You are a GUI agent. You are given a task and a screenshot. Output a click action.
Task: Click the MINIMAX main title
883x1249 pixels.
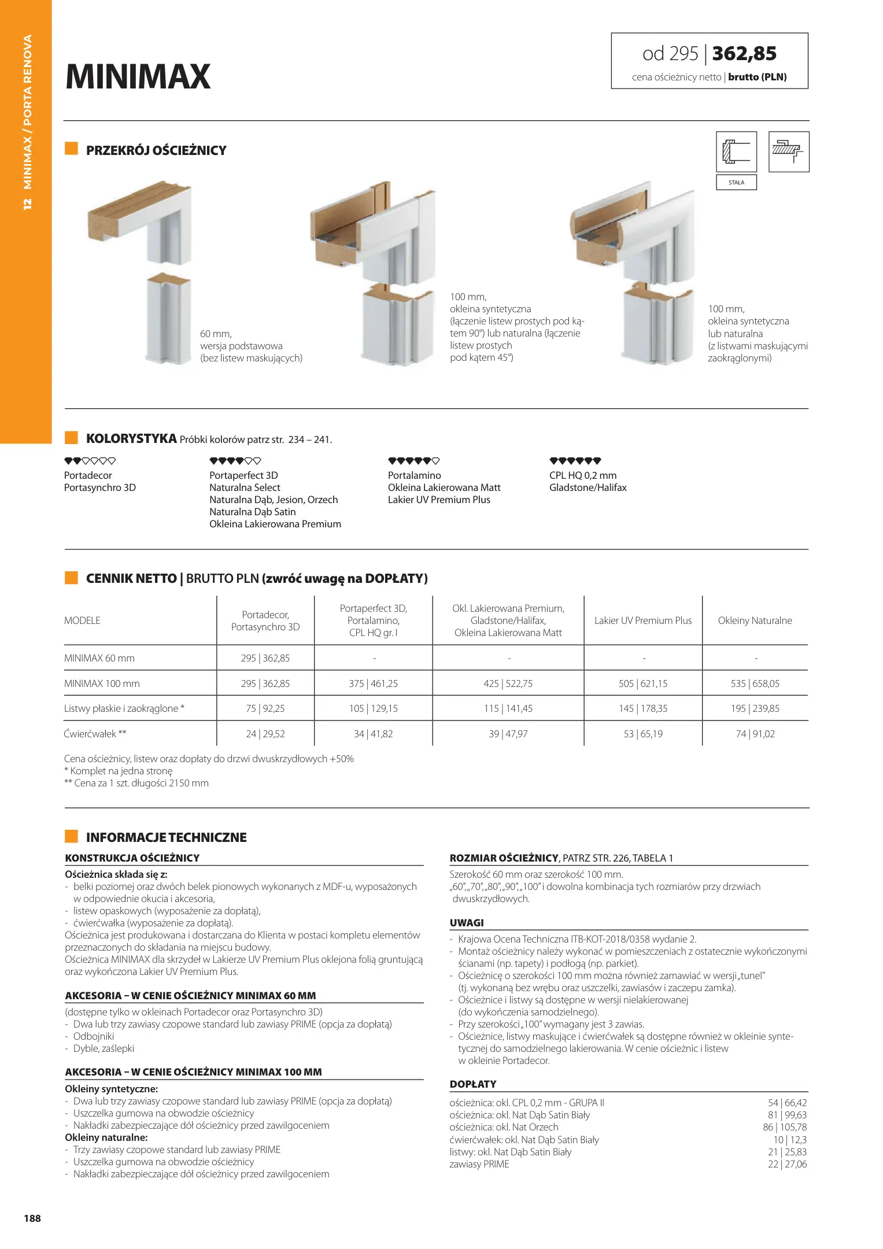(x=138, y=76)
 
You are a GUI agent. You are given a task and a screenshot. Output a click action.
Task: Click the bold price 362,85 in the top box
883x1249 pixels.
(x=744, y=54)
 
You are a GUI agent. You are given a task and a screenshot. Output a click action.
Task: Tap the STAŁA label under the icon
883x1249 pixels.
(x=736, y=183)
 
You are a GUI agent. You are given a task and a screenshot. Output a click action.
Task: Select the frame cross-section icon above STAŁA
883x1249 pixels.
(x=736, y=151)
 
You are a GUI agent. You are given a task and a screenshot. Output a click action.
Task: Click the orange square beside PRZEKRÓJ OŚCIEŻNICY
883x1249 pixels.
(x=71, y=149)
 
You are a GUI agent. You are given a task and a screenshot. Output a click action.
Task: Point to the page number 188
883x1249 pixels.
(x=32, y=1218)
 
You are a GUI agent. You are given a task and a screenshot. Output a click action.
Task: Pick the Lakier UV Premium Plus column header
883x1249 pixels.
(x=643, y=620)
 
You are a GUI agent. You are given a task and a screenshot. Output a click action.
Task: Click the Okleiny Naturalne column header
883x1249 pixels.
(x=755, y=620)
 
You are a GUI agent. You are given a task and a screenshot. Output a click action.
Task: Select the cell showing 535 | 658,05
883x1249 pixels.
(x=755, y=683)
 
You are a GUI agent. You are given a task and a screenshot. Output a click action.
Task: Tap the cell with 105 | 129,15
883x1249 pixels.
(x=373, y=708)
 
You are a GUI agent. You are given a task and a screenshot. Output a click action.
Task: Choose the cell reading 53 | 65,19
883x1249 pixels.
(x=643, y=734)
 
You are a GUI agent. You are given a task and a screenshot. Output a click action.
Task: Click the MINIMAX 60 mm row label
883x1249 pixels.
(x=99, y=658)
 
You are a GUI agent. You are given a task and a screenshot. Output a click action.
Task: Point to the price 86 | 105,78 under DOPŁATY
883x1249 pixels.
(x=785, y=1127)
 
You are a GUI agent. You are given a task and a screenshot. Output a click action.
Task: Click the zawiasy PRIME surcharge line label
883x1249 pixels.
(x=479, y=1164)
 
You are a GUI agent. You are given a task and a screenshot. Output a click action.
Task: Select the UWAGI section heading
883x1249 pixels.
(x=467, y=923)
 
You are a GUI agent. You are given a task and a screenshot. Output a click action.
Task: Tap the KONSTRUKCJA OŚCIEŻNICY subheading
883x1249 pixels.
(x=132, y=858)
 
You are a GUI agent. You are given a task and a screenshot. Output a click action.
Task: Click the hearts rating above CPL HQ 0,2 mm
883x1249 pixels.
(x=575, y=461)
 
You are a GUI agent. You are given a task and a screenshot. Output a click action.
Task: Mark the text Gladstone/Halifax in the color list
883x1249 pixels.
(x=588, y=487)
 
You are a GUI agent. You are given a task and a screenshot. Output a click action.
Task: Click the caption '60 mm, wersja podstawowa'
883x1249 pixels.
(x=241, y=340)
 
